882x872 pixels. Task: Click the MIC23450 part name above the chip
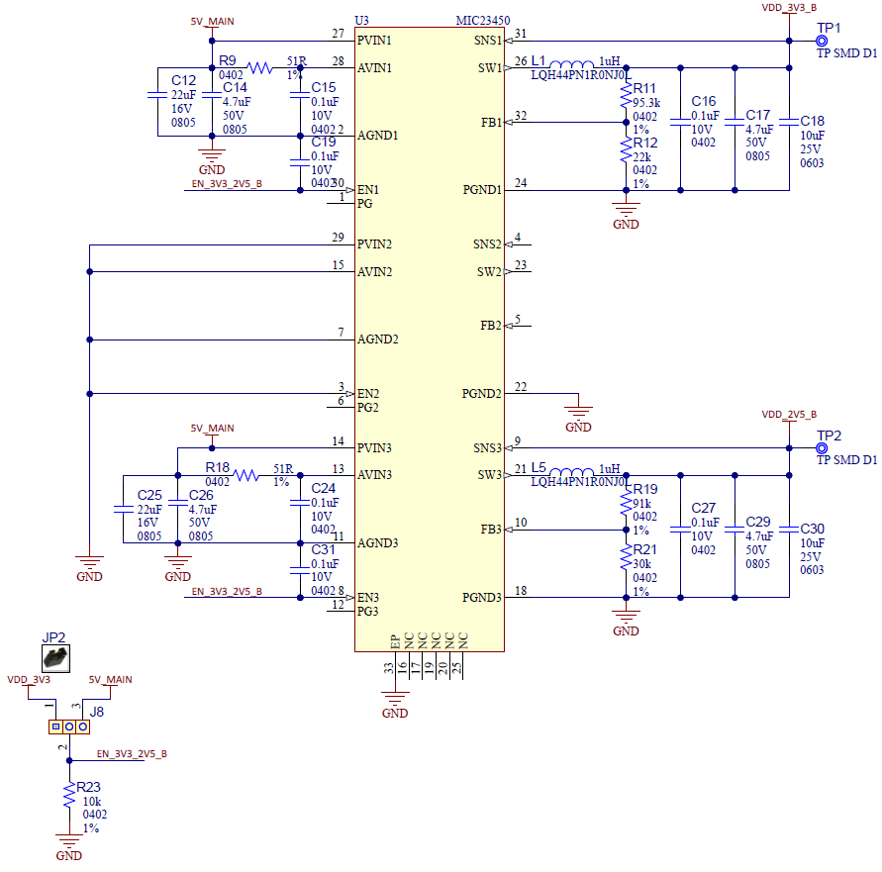482,21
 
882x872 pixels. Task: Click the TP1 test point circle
821,41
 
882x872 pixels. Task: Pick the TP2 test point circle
821,447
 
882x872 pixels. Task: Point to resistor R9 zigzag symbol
259,68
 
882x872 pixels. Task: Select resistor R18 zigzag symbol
245,475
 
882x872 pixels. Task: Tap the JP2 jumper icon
55,656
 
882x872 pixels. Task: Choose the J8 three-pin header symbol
68,727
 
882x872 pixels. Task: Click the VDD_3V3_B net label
789,8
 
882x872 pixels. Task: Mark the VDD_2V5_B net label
789,414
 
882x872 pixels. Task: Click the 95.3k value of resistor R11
647,102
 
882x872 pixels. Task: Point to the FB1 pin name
490,123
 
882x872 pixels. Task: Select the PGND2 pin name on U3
482,394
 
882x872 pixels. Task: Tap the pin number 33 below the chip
388,668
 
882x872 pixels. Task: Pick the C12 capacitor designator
183,80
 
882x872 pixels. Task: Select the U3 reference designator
361,21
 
